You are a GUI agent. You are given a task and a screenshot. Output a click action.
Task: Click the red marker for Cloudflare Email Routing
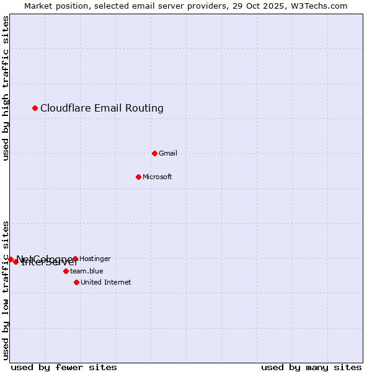35,108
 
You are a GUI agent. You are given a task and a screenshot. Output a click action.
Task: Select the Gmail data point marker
154,153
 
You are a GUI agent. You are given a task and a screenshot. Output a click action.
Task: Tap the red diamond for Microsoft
138,177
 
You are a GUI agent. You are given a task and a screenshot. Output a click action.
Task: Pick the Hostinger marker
75,259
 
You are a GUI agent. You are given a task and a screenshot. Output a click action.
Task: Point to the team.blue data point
66,271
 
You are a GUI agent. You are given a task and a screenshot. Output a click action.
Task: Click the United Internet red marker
76,282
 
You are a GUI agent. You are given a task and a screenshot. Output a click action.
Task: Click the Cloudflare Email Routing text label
102,108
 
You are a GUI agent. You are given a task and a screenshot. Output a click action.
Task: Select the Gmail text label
168,153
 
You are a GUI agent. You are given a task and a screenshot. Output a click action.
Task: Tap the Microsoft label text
157,177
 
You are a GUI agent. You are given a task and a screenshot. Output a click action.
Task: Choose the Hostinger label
95,259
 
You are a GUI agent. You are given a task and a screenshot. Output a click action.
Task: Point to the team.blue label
87,271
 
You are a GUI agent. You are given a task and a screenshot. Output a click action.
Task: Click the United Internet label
106,282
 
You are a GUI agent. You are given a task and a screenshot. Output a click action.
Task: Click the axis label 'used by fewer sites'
64,367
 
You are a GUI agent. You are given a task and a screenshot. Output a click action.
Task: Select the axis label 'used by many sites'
311,367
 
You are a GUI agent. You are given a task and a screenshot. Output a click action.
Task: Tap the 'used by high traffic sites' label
6,88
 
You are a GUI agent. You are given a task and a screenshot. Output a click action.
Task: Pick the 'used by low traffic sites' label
6,290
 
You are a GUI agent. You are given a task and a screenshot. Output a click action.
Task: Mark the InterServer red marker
15,262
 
